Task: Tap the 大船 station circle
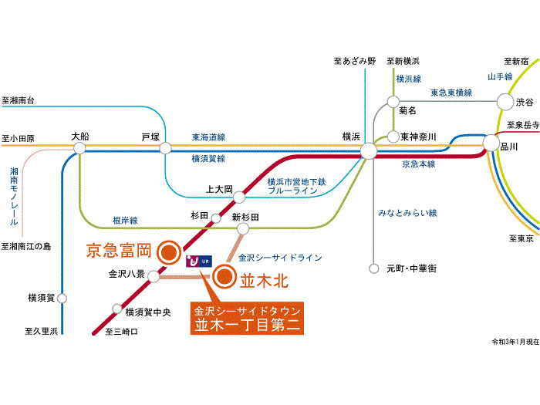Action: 79,150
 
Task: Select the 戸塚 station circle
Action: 165,147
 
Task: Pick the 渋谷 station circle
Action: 505,101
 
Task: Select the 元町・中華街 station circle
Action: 374,268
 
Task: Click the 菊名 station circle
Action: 393,101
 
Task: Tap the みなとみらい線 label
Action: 408,211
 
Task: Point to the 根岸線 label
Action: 124,221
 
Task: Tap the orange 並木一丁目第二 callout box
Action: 246,317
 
